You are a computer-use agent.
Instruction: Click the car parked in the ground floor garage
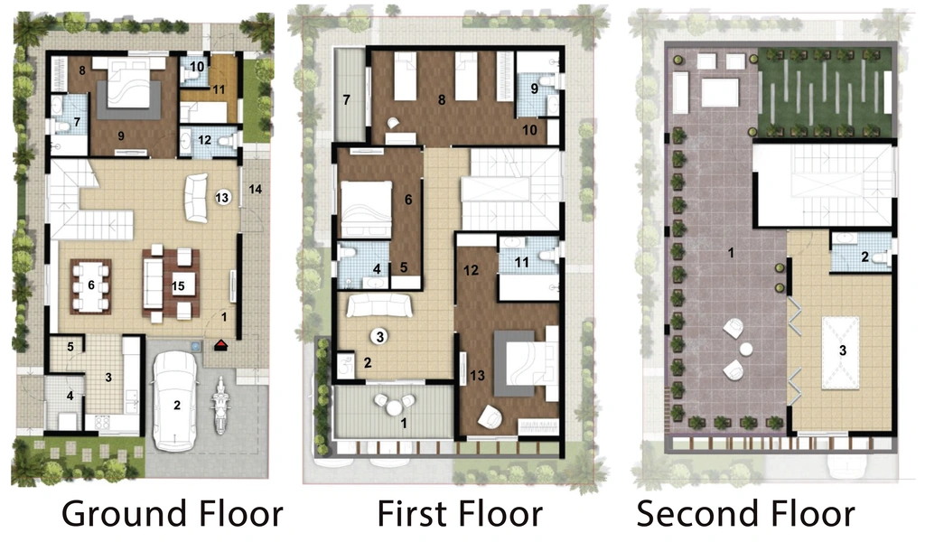click(175, 400)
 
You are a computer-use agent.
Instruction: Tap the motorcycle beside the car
click(220, 406)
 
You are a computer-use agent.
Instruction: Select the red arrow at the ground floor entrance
click(220, 344)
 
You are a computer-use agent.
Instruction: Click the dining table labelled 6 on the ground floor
click(91, 286)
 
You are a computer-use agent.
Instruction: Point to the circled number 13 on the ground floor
click(222, 198)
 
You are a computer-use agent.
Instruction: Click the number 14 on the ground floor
click(256, 190)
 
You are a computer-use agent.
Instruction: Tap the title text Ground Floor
click(173, 513)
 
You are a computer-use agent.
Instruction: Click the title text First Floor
click(460, 513)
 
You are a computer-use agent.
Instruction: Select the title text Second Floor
click(745, 513)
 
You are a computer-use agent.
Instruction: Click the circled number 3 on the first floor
click(380, 337)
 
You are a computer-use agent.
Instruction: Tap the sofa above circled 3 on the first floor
click(379, 305)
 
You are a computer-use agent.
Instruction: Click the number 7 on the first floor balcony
click(347, 100)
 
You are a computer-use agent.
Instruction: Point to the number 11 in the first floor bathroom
click(521, 262)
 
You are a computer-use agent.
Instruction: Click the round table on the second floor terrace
click(746, 350)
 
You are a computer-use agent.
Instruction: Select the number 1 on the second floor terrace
click(731, 253)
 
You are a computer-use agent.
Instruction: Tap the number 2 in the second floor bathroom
click(864, 257)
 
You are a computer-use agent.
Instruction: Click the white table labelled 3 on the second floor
click(841, 352)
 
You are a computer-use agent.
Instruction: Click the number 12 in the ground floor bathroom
click(205, 140)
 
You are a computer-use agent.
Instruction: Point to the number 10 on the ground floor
click(197, 67)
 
